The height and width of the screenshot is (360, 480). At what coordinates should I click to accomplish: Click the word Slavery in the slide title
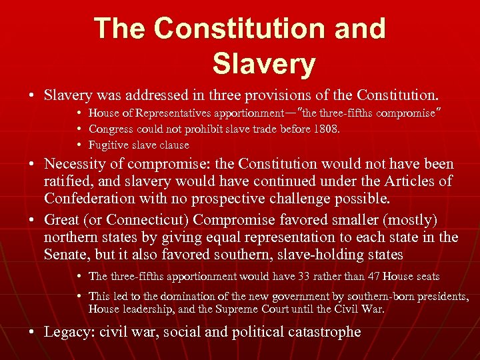coord(263,63)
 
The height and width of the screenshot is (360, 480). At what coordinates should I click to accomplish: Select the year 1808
coord(325,129)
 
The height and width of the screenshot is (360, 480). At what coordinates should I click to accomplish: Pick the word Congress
coord(111,129)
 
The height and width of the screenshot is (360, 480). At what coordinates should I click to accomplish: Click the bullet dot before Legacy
coord(31,332)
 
